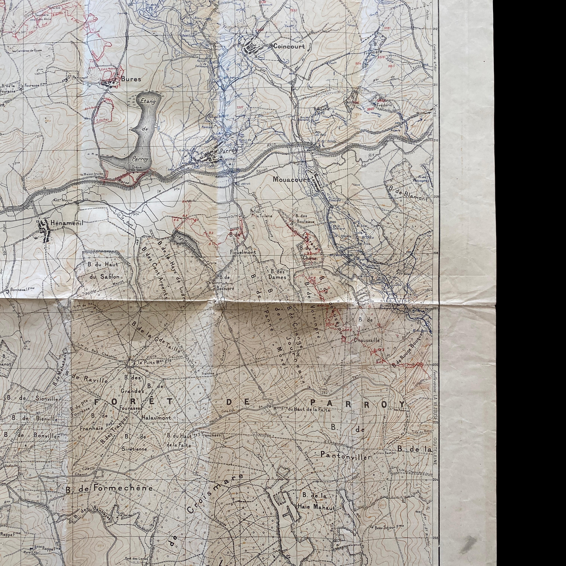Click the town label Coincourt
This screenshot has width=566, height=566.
tap(289, 46)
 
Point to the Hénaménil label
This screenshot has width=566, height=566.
tap(67, 223)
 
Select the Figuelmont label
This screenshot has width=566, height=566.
tap(243, 252)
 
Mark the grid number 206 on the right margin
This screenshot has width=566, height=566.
tap(435, 365)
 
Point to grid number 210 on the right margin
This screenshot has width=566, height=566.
tap(435, 140)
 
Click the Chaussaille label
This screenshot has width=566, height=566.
tap(367, 341)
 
